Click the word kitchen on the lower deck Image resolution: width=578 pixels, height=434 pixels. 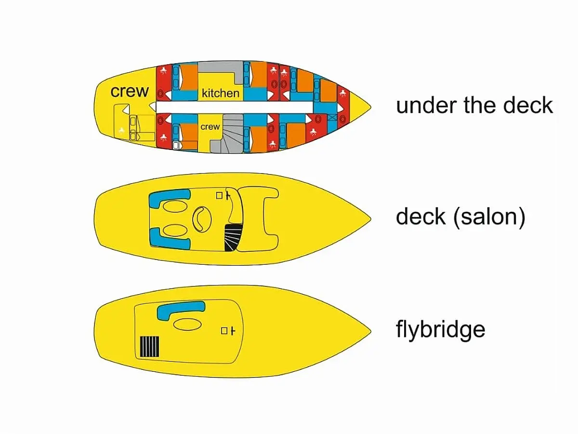221,93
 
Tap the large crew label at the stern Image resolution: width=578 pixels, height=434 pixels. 130,92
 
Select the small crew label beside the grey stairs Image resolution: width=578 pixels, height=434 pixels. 210,127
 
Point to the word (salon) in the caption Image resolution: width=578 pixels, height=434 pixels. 489,217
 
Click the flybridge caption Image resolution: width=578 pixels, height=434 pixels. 441,330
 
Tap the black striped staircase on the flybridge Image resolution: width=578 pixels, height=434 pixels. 149,347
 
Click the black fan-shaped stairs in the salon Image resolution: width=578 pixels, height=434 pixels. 233,237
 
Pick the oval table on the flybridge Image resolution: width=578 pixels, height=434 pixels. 187,324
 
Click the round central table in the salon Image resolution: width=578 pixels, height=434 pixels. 202,219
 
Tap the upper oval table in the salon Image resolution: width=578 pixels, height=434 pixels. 175,206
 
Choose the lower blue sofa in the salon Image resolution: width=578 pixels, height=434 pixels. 169,239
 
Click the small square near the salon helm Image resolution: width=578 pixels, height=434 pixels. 219,195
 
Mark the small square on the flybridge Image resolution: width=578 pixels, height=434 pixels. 224,331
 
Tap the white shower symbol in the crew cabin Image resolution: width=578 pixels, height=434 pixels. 121,130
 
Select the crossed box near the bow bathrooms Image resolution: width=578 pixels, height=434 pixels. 332,117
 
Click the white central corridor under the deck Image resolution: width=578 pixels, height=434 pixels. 235,107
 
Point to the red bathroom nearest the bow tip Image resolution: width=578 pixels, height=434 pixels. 343,107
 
